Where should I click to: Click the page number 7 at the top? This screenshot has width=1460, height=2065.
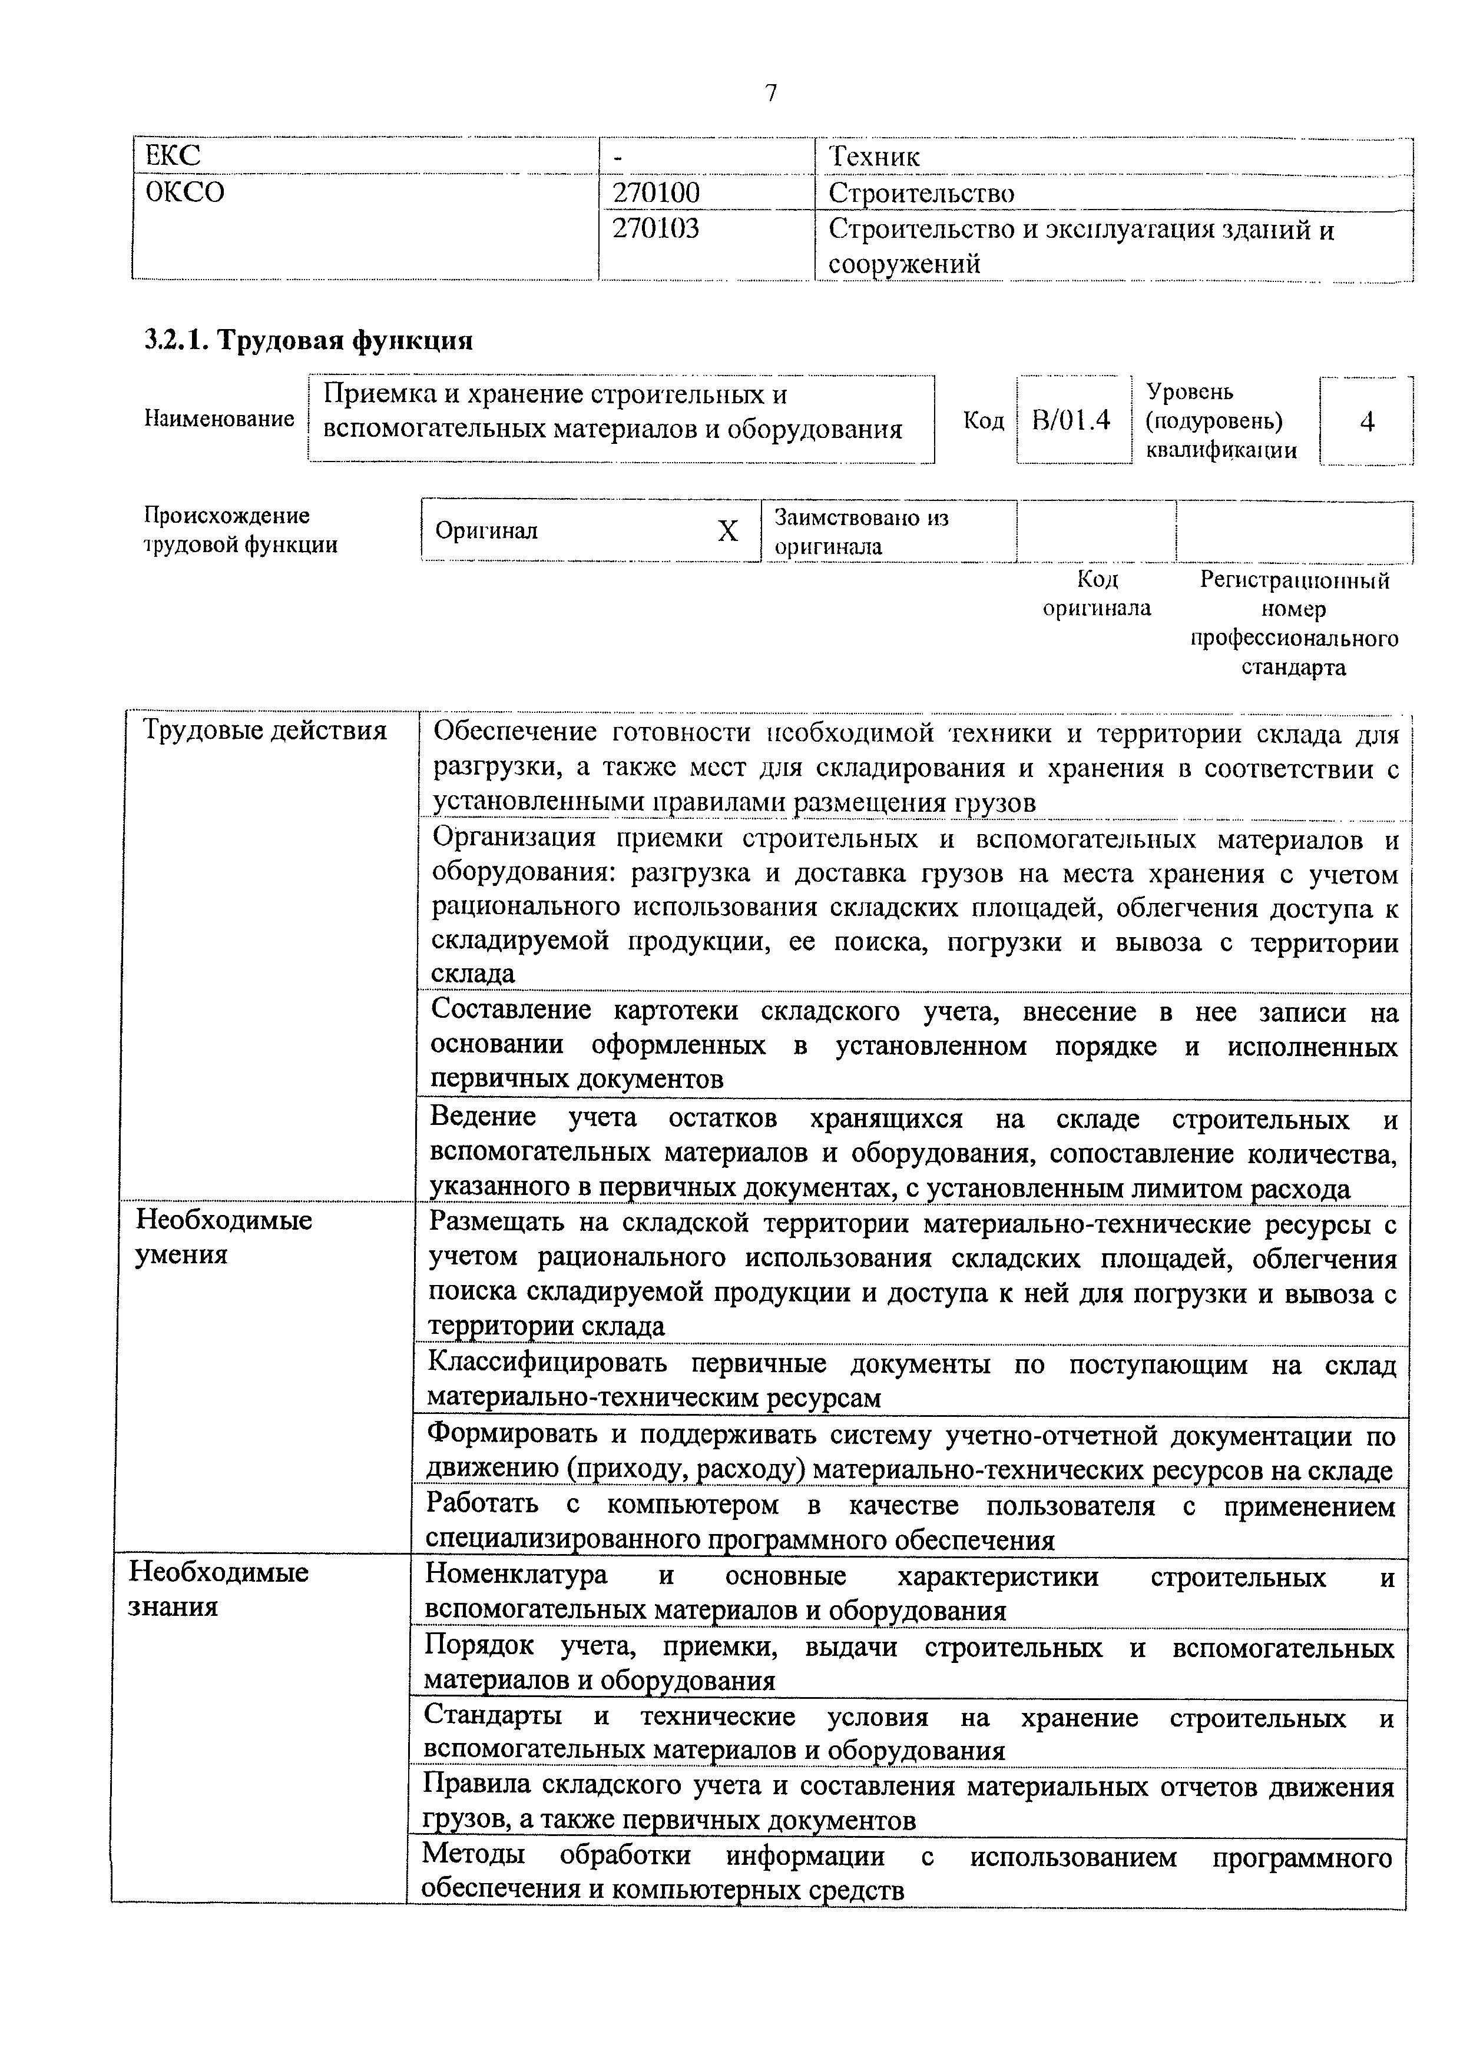click(771, 94)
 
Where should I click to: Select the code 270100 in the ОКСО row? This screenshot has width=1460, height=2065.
click(655, 193)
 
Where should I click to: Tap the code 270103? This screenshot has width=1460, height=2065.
click(655, 230)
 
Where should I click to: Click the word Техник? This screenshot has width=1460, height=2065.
click(873, 157)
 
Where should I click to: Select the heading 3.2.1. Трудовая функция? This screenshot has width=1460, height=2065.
click(309, 341)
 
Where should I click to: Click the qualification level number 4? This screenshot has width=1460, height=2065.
click(1366, 421)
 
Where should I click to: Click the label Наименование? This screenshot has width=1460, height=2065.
click(218, 419)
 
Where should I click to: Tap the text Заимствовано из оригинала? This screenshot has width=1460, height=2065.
click(861, 532)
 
